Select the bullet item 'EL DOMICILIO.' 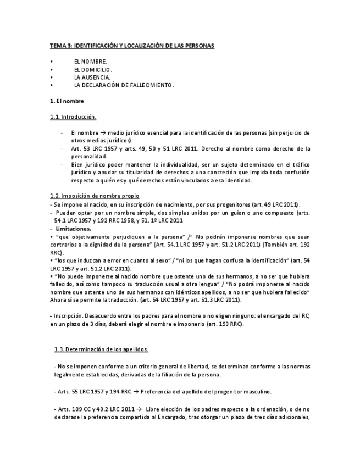pyautogui.click(x=93, y=70)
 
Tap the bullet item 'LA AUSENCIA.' pyautogui.click(x=92, y=77)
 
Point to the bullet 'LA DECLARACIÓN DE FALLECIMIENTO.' pyautogui.click(x=124, y=85)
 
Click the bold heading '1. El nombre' pyautogui.click(x=67, y=101)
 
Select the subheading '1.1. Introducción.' pyautogui.click(x=73, y=117)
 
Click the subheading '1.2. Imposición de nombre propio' pyautogui.click(x=95, y=196)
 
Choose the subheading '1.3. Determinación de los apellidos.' pyautogui.click(x=101, y=349)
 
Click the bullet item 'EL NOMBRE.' pyautogui.click(x=90, y=62)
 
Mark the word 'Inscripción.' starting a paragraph pyautogui.click(x=68, y=316)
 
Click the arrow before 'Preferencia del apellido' pyautogui.click(x=136, y=392)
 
